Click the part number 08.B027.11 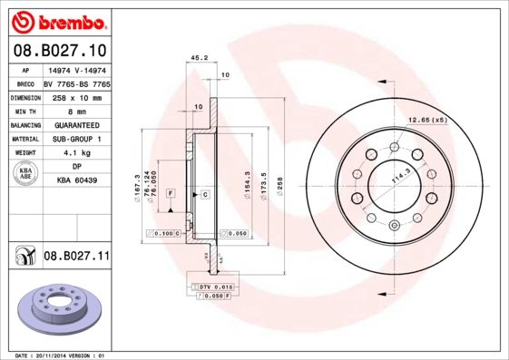point(75,257)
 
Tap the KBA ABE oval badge point(25,174)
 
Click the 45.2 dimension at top point(194,57)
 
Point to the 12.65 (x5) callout point(427,120)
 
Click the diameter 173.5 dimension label point(263,185)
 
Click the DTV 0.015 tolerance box point(210,287)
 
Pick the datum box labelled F point(170,194)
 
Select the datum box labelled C point(205,194)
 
